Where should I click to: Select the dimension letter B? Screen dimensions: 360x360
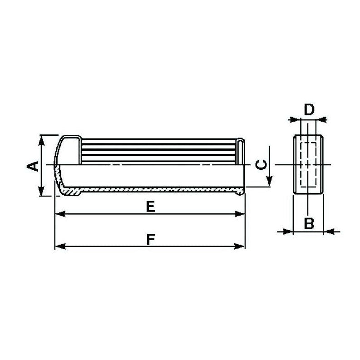(309, 223)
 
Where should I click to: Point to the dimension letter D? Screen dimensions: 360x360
(309, 109)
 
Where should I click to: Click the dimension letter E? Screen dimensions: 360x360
(151, 207)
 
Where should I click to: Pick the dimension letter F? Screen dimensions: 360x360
(151, 239)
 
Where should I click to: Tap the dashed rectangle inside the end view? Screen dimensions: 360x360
(309, 164)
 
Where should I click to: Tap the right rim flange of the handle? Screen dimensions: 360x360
(242, 166)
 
